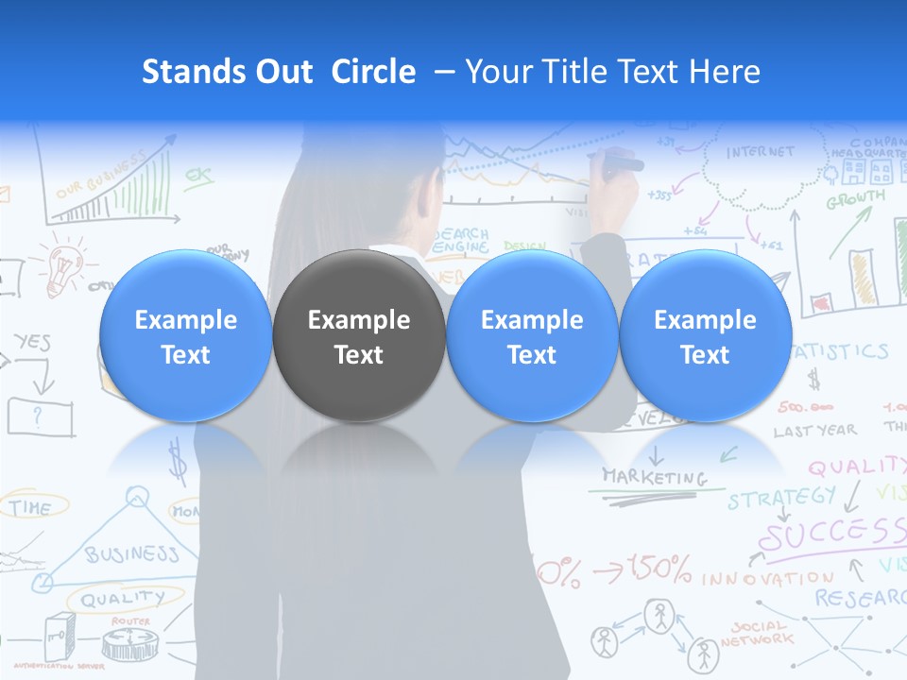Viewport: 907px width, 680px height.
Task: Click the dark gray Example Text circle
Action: [x=359, y=336]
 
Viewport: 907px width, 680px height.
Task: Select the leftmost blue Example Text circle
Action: [x=185, y=336]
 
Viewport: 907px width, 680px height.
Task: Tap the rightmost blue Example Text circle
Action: [x=705, y=336]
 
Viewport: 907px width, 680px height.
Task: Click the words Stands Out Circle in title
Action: [x=278, y=72]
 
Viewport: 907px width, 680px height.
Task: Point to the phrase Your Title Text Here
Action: [x=612, y=72]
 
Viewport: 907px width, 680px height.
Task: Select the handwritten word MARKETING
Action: [x=654, y=477]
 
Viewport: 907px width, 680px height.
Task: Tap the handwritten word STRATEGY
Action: [x=781, y=497]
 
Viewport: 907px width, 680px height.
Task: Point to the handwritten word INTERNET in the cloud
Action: [x=761, y=152]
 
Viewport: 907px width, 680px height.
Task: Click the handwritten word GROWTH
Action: [x=856, y=199]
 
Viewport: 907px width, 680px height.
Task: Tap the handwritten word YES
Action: [x=32, y=343]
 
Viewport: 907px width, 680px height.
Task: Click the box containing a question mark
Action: [x=40, y=415]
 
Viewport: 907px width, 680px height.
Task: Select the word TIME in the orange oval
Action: [x=31, y=507]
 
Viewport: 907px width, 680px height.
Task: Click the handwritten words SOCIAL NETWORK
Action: [x=757, y=633]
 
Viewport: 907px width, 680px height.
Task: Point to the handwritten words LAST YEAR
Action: [x=814, y=431]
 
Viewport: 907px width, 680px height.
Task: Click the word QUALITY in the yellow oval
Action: [x=122, y=599]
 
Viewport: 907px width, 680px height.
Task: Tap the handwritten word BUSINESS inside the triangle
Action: [x=131, y=553]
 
